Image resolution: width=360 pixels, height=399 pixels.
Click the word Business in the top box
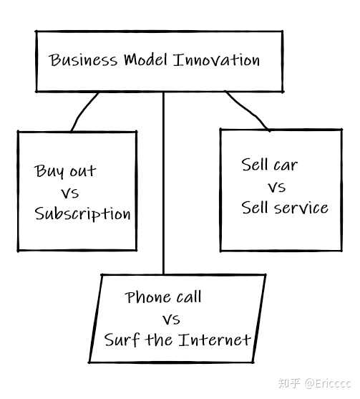pos(83,60)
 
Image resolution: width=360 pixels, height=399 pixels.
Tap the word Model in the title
pos(146,59)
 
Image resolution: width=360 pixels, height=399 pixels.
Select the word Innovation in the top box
pos(216,60)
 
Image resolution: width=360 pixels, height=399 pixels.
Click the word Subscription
pos(82,214)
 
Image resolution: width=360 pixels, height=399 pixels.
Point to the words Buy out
pos(65,171)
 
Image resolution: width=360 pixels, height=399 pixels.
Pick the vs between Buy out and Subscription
pos(70,193)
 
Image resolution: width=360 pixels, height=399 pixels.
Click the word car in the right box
pos(286,165)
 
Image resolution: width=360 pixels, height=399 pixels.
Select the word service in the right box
pos(301,208)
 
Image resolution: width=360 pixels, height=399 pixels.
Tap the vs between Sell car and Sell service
pos(276,187)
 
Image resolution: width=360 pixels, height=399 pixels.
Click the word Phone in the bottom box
pos(147,297)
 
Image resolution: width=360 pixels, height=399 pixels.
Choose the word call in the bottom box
pos(189,297)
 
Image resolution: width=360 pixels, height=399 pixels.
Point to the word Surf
pos(122,340)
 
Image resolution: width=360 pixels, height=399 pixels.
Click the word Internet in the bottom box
pos(214,340)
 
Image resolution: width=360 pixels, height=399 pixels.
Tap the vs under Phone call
pos(171,319)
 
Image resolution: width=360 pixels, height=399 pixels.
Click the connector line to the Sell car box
pos(248,110)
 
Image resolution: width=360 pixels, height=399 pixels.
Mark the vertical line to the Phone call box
pos(163,183)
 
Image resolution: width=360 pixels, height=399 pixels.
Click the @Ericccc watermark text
pos(329,383)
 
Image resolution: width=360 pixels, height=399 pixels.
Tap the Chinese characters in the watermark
pos(290,383)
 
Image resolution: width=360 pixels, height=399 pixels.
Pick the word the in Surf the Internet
pos(159,340)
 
